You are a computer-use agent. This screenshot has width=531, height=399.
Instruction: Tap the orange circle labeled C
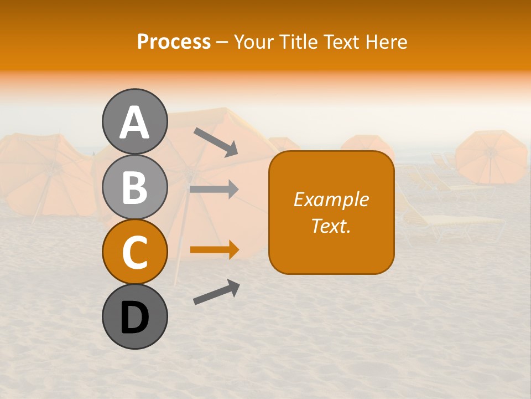(x=134, y=252)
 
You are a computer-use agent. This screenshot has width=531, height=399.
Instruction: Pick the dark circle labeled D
(x=134, y=317)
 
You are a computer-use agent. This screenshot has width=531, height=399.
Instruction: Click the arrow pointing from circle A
(x=215, y=142)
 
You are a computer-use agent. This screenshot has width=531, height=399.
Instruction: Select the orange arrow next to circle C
(x=214, y=250)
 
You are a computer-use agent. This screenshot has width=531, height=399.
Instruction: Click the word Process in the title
(x=174, y=42)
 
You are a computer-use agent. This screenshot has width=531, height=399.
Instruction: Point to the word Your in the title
(x=254, y=42)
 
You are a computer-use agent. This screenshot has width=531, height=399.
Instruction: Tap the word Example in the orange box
(x=331, y=199)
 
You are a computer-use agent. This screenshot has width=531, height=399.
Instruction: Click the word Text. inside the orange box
(x=331, y=226)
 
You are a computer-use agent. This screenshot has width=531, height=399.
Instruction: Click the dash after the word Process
(x=222, y=43)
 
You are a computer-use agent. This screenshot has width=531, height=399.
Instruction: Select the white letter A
(x=134, y=122)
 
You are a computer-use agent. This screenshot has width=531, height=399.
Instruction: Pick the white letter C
(x=134, y=253)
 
